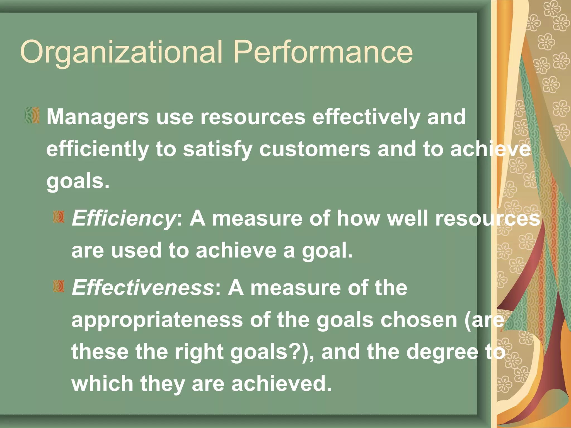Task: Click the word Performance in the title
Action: click(x=323, y=52)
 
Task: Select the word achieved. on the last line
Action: click(x=281, y=384)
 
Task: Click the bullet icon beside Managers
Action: click(x=32, y=115)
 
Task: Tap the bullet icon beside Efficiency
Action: click(x=59, y=217)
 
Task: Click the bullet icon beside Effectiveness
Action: click(x=59, y=286)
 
